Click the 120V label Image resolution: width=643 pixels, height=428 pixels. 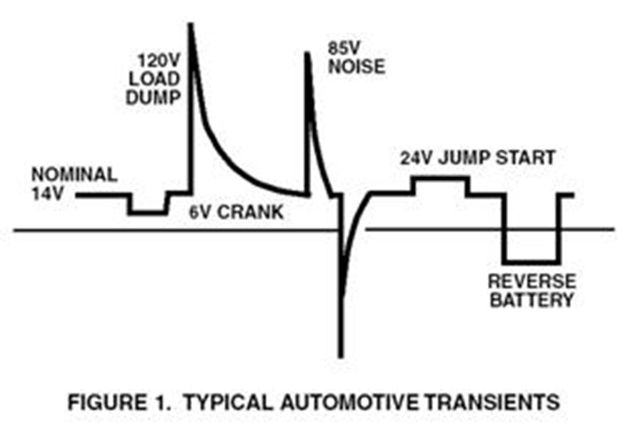(x=159, y=61)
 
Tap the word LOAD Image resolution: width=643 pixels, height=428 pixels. (x=154, y=79)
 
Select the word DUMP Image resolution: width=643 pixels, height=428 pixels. (x=154, y=98)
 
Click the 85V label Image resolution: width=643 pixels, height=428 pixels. (x=344, y=49)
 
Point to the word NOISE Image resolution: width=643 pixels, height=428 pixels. (x=357, y=67)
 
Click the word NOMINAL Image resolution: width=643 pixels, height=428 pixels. (x=74, y=174)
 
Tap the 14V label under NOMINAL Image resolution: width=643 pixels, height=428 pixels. (x=48, y=193)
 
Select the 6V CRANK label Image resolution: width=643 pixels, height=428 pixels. (x=236, y=212)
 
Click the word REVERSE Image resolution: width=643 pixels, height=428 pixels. (x=532, y=282)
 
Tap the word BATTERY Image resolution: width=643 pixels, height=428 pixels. (x=532, y=300)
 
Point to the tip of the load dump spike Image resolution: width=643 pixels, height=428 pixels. (x=190, y=24)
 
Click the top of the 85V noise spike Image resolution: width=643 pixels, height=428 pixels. (x=306, y=53)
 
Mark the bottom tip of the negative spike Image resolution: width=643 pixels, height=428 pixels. (x=340, y=357)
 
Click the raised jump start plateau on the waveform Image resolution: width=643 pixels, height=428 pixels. (x=441, y=178)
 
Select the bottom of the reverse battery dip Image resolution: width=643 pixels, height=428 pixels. (x=532, y=262)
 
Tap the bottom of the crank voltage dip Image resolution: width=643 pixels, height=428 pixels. (x=148, y=213)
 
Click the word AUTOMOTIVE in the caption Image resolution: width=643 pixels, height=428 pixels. (x=349, y=402)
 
